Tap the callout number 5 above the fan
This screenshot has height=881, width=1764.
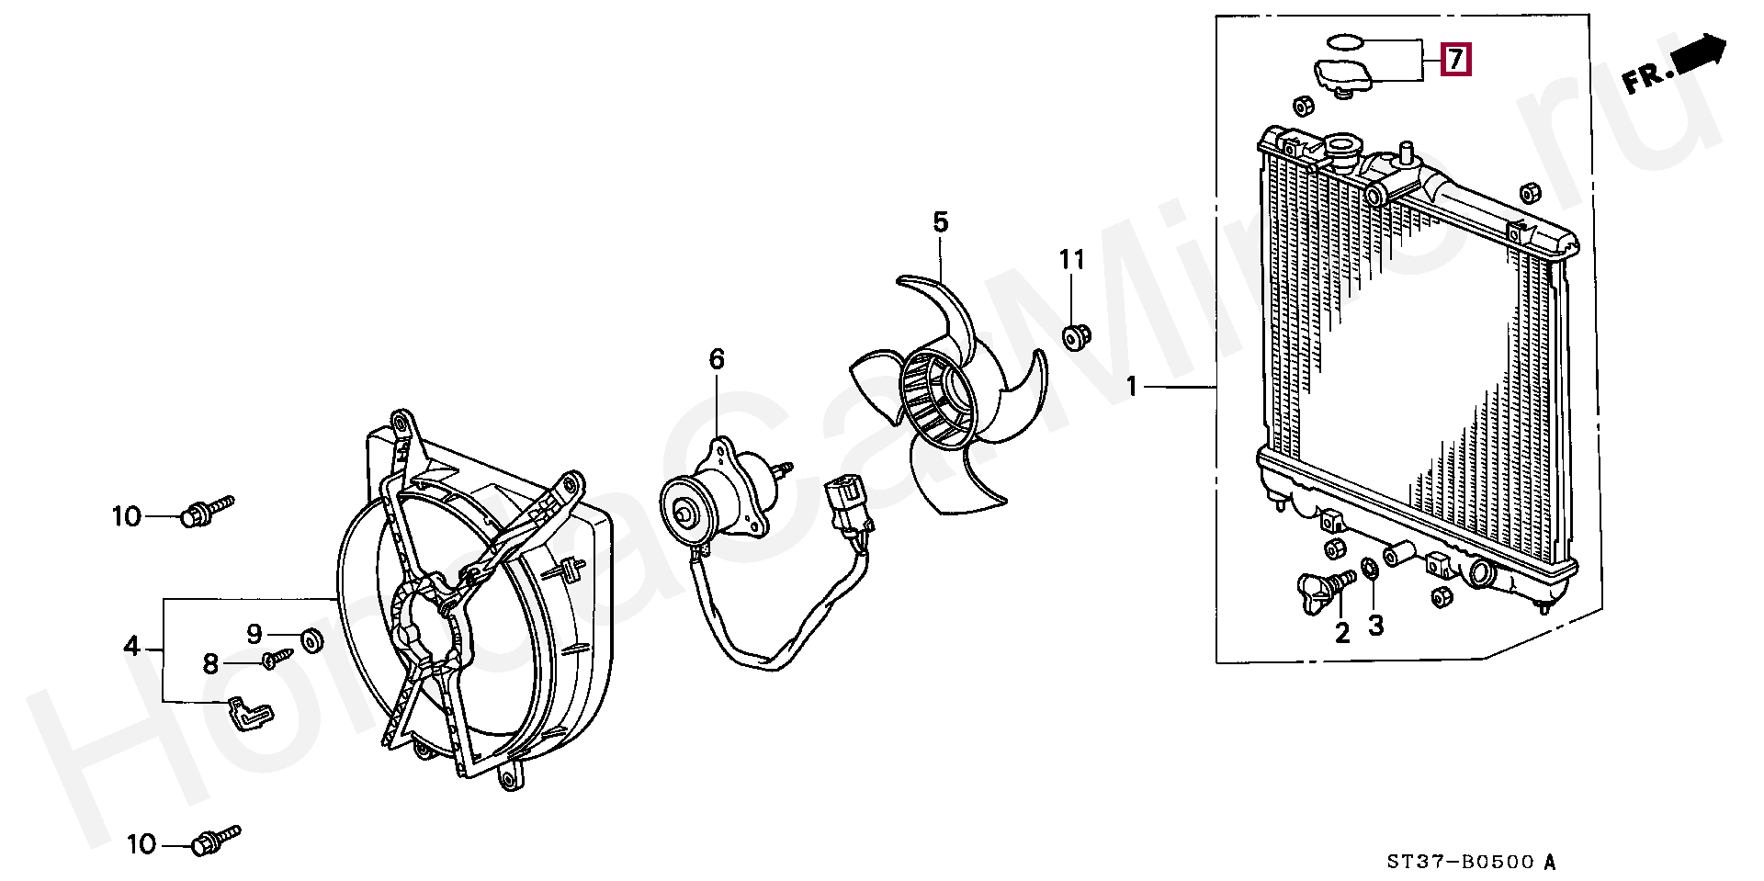[940, 221]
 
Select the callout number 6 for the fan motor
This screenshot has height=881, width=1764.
[717, 359]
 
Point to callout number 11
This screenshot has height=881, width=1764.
[1071, 260]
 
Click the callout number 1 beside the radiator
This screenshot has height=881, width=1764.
[1132, 388]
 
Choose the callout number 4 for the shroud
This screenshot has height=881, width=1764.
[131, 647]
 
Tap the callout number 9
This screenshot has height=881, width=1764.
[254, 633]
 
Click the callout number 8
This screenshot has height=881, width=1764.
[210, 663]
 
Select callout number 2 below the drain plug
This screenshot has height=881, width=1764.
[1342, 632]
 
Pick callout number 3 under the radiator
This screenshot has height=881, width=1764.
[1375, 626]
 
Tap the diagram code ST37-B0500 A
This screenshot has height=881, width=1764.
[1471, 862]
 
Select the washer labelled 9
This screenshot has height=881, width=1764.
[311, 640]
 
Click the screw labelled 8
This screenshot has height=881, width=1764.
[277, 657]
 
